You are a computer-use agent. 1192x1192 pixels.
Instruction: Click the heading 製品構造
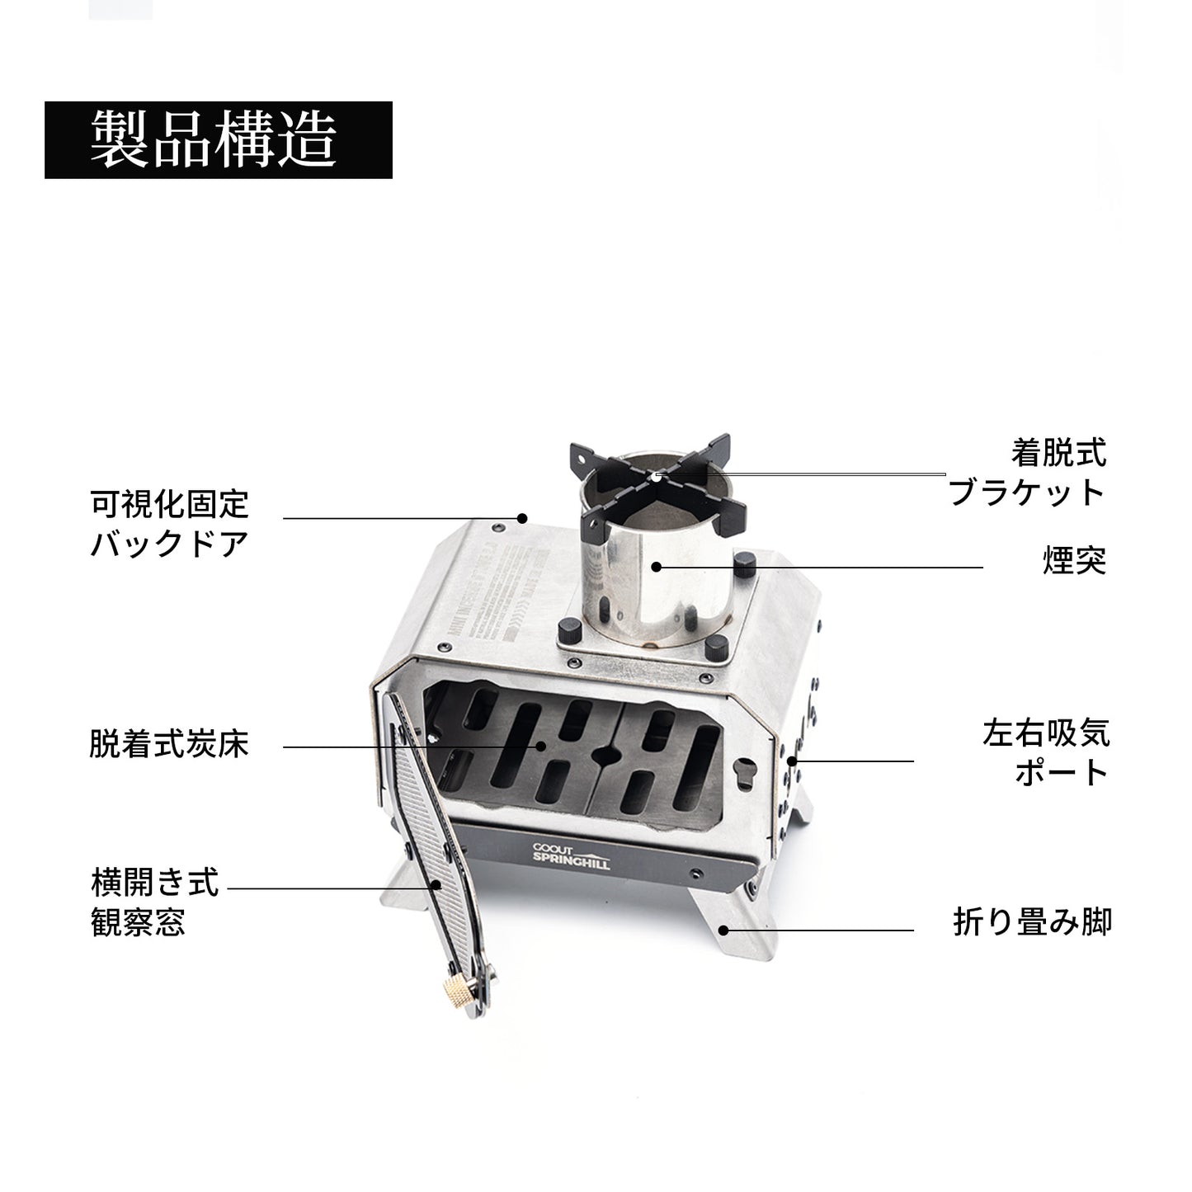218,139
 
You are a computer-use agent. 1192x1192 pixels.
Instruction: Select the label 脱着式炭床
169,746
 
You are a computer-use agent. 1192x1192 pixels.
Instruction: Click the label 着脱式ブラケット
1027,472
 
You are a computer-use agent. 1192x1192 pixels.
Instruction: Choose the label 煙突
1073,563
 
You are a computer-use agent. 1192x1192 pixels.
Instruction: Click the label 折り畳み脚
1032,921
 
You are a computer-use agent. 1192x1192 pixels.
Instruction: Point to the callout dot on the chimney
656,567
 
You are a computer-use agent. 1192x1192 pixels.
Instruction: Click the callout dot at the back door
521,519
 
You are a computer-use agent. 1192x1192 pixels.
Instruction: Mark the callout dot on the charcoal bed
542,747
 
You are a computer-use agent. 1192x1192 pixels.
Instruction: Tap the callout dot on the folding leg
723,930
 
